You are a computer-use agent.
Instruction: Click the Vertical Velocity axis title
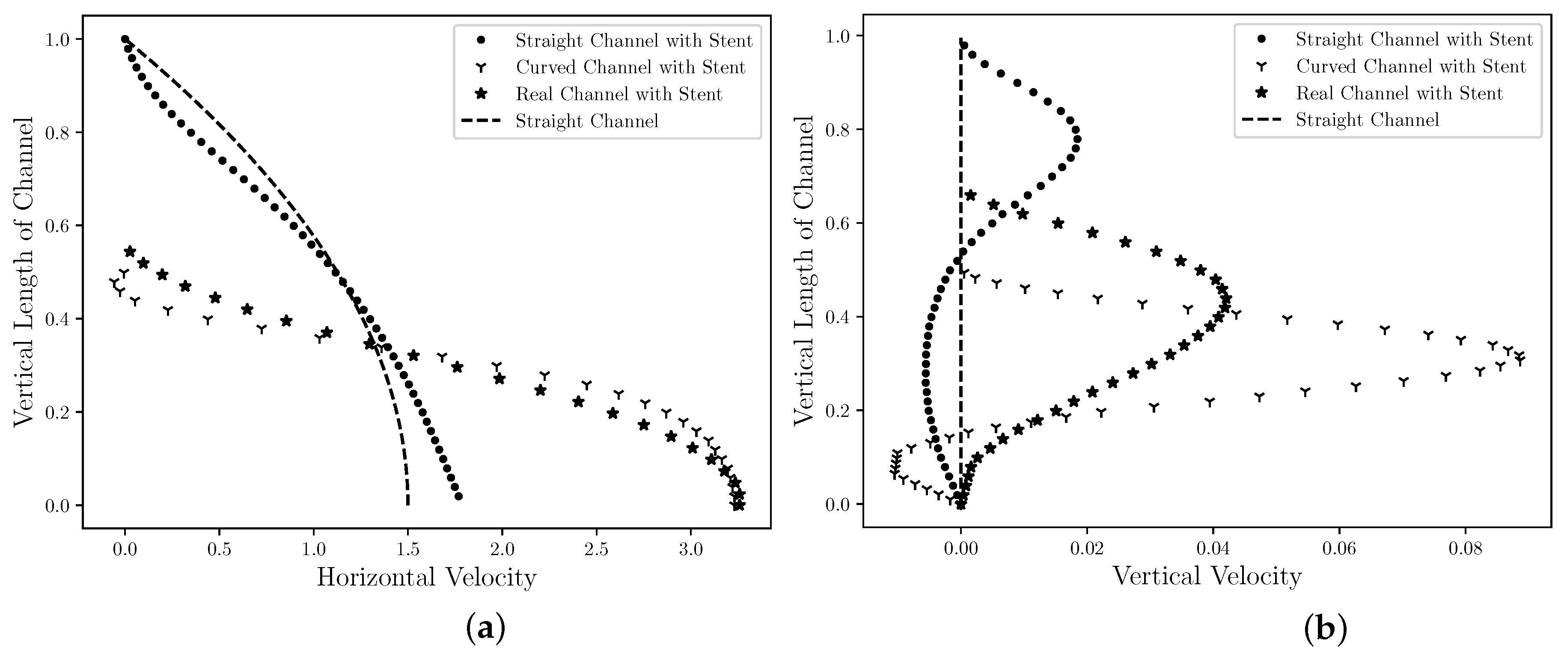point(1207,576)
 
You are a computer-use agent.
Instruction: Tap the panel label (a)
point(485,628)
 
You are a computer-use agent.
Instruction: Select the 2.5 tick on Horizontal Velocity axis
point(596,549)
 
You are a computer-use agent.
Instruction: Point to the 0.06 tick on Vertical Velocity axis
point(1339,549)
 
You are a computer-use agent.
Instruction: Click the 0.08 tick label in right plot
point(1465,549)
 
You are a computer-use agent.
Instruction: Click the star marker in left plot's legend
point(481,94)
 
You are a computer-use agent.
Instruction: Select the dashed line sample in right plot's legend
point(1261,120)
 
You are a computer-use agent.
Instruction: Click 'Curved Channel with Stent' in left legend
point(630,67)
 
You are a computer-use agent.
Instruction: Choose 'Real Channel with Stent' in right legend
point(1399,93)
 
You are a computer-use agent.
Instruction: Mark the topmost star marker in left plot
point(130,251)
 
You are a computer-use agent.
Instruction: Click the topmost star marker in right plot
point(971,195)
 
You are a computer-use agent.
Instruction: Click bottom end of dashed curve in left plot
point(407,504)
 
